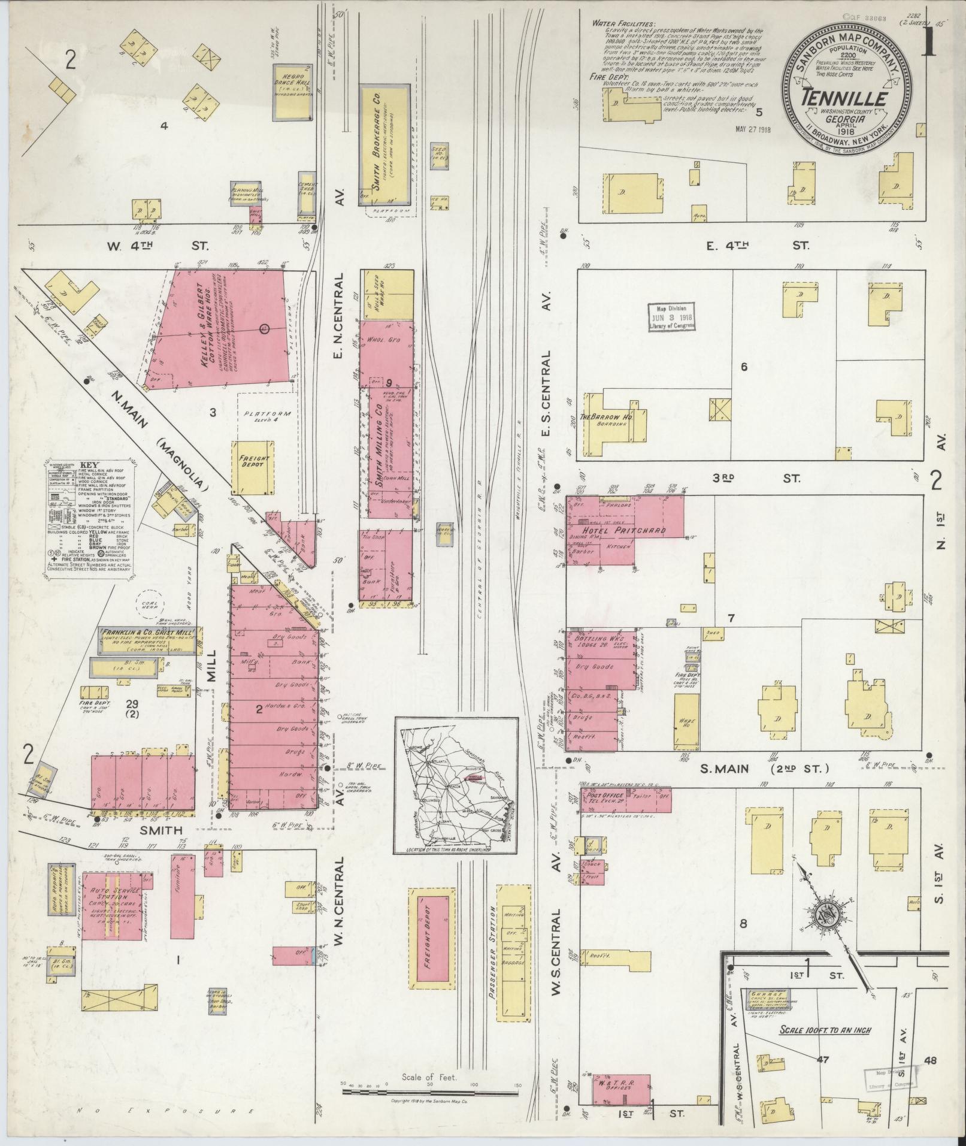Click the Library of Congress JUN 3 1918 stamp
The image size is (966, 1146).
[x=672, y=316]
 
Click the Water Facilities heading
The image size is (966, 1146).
[x=619, y=23]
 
